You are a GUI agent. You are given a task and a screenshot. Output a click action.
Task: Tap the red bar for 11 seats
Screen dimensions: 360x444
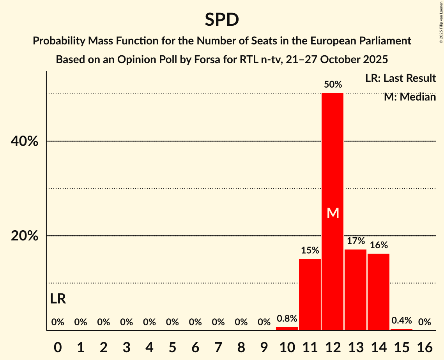pos(310,295)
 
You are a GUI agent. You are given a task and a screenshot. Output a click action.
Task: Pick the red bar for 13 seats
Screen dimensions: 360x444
pos(356,290)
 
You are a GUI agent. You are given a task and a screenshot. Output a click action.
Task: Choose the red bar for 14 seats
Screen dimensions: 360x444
pos(379,292)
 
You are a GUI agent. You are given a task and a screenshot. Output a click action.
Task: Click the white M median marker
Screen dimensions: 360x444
pos(333,213)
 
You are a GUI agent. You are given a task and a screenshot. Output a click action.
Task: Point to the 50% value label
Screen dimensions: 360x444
pos(333,85)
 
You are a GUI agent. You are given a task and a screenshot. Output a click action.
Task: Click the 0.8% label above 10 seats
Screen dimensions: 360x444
pos(287,318)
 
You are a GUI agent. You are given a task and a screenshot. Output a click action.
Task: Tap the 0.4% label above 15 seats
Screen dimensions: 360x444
pos(402,321)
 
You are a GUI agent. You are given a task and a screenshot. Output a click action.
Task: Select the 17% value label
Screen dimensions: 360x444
pos(356,241)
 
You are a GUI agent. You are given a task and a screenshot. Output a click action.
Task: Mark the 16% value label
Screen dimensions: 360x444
pos(379,245)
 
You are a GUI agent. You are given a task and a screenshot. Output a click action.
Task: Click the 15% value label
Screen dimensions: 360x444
pos(310,251)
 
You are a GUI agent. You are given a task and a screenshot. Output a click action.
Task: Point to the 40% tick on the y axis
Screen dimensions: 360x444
pos(25,141)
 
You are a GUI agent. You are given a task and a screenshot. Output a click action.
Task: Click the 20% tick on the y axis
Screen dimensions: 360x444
pos(25,236)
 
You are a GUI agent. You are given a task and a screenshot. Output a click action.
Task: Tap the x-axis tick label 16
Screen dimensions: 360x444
pos(425,346)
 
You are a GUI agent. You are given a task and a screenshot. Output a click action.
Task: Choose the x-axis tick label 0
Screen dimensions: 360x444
pos(58,346)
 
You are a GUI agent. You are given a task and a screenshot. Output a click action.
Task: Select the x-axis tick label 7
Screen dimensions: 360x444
pos(218,346)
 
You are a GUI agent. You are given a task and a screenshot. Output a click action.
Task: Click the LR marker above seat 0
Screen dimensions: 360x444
pos(58,299)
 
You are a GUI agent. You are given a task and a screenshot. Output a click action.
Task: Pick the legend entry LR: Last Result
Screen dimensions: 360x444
pos(400,78)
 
